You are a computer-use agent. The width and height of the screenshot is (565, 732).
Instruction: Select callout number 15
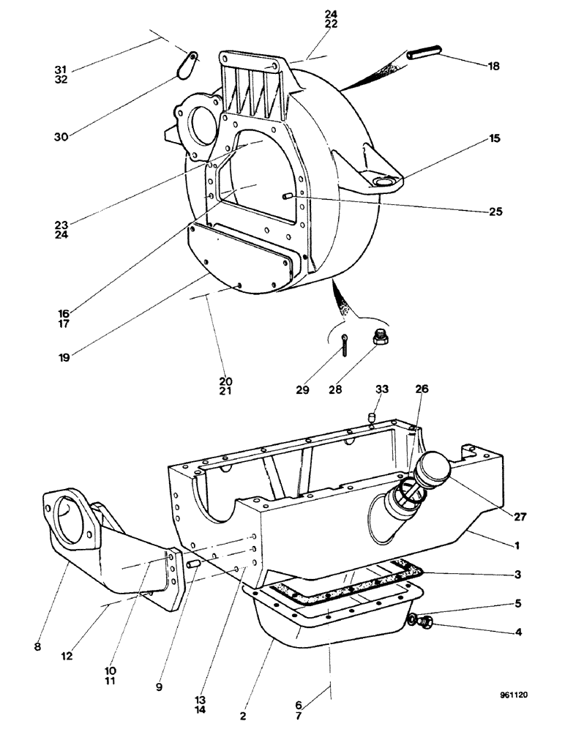pyautogui.click(x=495, y=138)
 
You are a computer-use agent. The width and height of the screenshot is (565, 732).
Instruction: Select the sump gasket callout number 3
pyautogui.click(x=517, y=575)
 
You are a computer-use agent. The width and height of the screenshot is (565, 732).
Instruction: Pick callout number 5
pyautogui.click(x=517, y=605)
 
